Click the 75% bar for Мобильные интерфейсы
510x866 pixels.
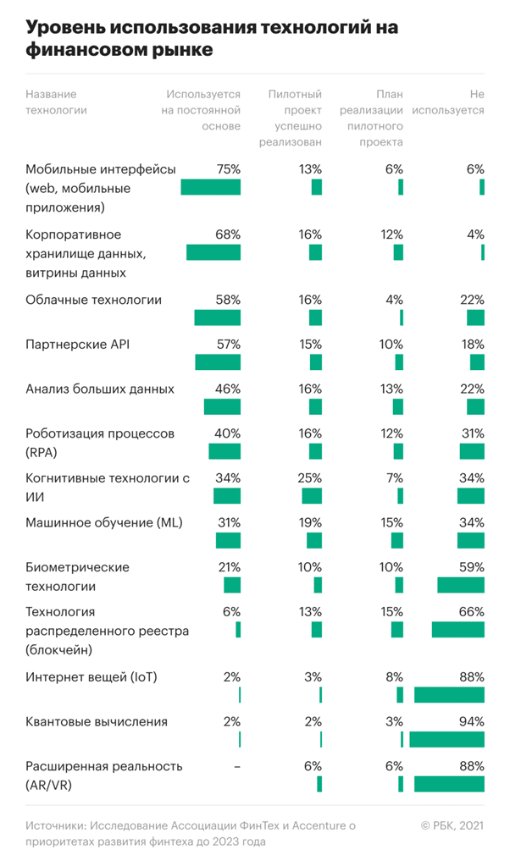(210, 187)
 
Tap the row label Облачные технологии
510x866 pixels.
(93, 300)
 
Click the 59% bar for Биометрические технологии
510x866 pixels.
(460, 585)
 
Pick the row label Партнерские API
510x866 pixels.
(77, 345)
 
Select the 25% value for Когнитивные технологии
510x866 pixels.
(310, 478)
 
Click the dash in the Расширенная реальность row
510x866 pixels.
(237, 766)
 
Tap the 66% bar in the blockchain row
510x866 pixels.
(457, 629)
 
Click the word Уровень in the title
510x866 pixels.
(60, 27)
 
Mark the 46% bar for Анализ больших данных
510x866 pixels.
(222, 406)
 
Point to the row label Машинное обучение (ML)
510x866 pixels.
(104, 521)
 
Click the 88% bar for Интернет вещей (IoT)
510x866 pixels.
(449, 695)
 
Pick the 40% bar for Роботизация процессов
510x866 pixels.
(225, 450)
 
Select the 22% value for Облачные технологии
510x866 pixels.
(472, 300)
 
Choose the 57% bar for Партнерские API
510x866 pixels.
(218, 362)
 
